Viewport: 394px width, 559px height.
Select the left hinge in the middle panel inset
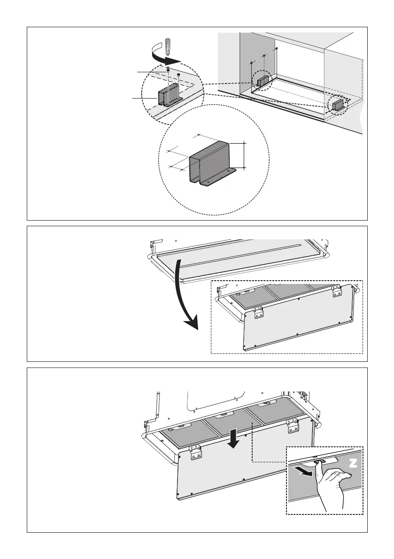[258, 313]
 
